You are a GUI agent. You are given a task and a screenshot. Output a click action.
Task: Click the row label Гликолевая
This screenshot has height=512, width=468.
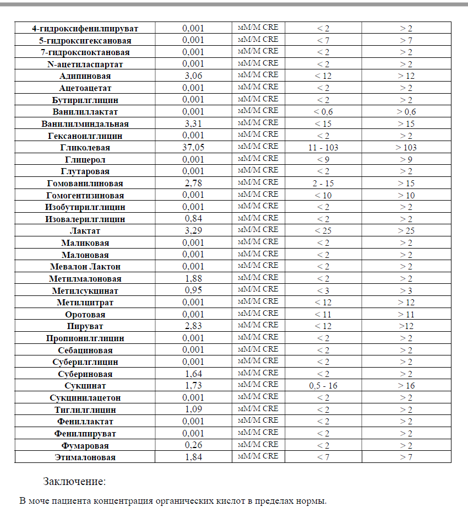pos(85,148)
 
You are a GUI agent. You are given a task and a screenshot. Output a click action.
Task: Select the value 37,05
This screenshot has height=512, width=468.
pos(193,147)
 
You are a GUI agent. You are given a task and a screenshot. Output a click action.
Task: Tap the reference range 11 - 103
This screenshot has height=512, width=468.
pos(323,148)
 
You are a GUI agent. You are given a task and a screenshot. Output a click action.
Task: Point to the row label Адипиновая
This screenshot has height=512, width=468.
pos(85,76)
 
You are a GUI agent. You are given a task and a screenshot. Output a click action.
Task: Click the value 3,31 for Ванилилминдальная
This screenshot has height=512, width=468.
pos(193,123)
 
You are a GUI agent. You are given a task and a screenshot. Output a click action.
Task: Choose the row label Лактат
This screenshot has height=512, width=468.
pos(85,231)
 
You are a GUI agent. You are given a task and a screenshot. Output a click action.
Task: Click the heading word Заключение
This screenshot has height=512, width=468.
pos(74,482)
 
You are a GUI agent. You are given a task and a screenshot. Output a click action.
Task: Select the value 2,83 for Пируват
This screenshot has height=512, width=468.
pos(193,326)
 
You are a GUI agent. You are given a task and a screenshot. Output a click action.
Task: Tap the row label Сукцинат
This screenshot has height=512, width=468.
pos(85,386)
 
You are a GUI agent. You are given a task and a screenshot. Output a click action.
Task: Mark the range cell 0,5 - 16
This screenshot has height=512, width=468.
pos(323,386)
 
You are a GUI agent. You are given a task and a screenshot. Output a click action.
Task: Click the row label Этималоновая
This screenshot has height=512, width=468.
pos(85,457)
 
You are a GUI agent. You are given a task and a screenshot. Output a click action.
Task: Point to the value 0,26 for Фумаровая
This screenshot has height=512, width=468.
pos(193,445)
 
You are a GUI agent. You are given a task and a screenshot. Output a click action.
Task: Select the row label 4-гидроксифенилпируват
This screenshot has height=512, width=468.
pos(85,28)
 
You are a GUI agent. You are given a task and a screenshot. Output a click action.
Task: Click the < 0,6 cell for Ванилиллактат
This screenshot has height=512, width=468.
pos(323,112)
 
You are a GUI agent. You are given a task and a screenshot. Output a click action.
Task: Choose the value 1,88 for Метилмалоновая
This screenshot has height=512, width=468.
pos(193,278)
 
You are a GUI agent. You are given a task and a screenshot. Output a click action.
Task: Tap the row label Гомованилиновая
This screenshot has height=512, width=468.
pos(85,184)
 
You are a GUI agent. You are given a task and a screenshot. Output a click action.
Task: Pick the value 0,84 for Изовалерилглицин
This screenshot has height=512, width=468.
pos(193,219)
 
